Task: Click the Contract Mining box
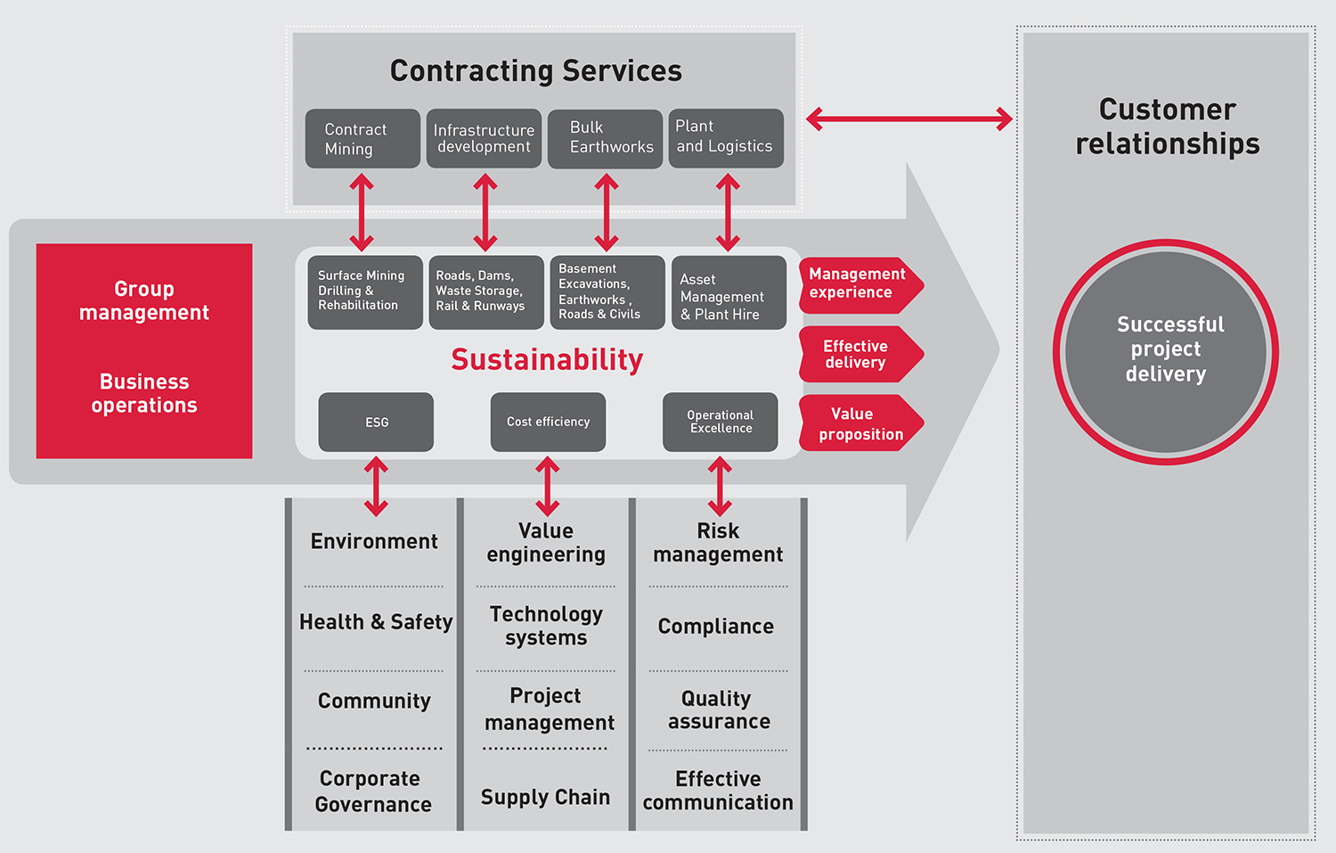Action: [x=363, y=139]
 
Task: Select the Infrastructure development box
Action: [x=484, y=139]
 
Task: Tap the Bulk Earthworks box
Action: [x=605, y=139]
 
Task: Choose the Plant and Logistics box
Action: [x=726, y=138]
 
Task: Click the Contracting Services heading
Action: [x=536, y=71]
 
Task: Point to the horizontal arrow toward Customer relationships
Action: [x=909, y=119]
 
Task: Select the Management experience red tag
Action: [x=858, y=284]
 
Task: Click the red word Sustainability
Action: [x=547, y=360]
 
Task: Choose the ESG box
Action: [x=376, y=422]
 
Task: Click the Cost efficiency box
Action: [x=548, y=422]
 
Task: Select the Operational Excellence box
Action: [x=720, y=422]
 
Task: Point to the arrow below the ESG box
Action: [x=376, y=487]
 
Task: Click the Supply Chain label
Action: [x=545, y=798]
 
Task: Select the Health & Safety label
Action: [x=376, y=622]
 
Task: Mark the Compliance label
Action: [x=716, y=627]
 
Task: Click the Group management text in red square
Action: [x=144, y=301]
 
